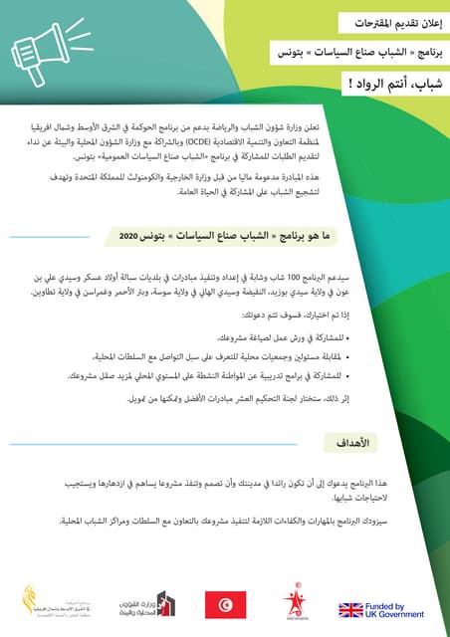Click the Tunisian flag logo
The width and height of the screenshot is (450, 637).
click(x=225, y=602)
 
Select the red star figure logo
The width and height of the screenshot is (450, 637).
click(x=294, y=600)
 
